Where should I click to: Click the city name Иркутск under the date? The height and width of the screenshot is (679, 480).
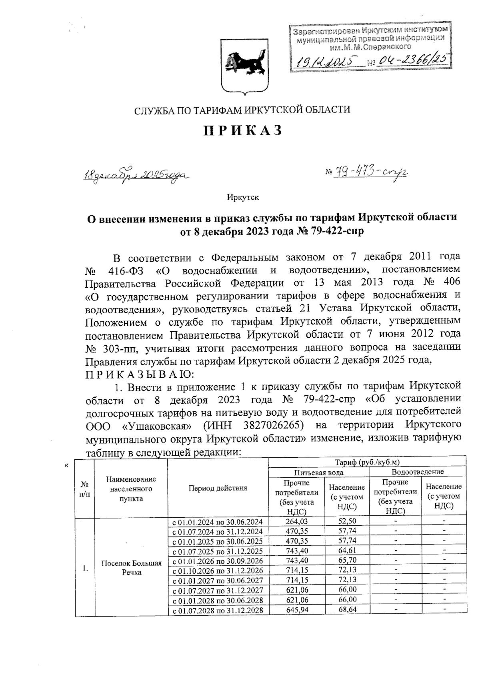pos(243,197)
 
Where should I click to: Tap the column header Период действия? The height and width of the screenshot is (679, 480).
pos(218,488)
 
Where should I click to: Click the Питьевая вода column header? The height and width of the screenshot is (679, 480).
pos(318,472)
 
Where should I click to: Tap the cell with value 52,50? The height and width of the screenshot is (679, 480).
pos(346,521)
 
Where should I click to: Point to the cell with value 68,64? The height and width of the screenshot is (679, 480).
pos(346,610)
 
